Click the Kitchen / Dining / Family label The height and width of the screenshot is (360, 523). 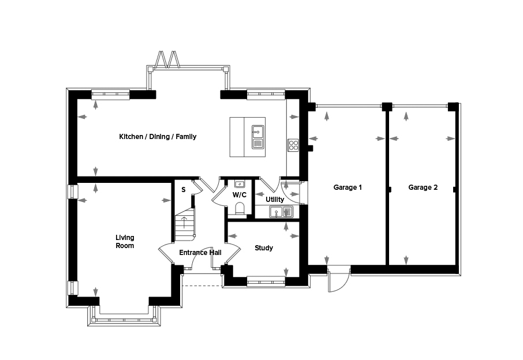point(158,137)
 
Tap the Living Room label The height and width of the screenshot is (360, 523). point(125,242)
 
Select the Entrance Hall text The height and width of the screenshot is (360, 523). point(200,253)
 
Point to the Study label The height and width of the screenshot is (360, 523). point(264,248)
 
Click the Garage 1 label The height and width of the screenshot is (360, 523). point(348,187)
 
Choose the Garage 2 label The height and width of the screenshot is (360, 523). point(423,187)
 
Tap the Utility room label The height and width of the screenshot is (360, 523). point(275,200)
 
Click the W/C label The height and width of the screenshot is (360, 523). point(240,194)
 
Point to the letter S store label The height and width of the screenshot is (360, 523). point(184,190)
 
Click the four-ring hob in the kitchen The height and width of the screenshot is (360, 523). point(293,145)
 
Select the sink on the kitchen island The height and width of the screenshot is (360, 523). point(257,137)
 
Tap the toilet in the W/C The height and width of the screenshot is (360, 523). point(240,208)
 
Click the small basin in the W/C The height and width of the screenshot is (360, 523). point(240,184)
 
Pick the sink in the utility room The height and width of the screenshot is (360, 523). point(281,212)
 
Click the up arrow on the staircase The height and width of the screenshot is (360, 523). point(184,222)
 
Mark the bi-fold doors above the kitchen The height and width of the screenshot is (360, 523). point(168,60)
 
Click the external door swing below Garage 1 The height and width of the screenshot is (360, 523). point(339,279)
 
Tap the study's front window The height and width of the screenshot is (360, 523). point(266,282)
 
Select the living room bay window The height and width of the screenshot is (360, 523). point(124,316)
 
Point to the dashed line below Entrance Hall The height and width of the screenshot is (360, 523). point(202,286)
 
